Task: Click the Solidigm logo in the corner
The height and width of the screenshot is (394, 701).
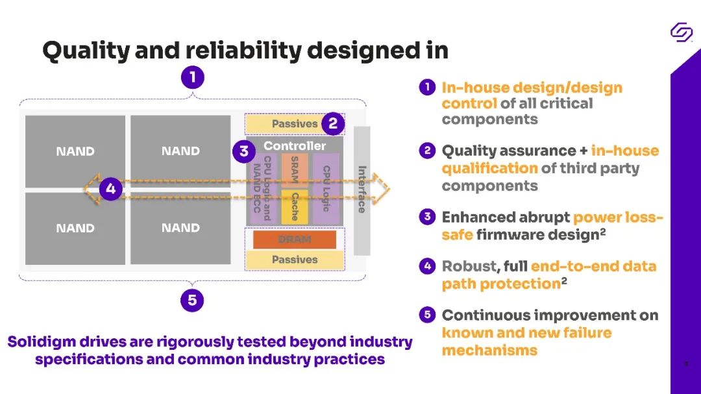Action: click(682, 32)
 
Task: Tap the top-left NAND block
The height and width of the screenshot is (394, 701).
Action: click(75, 151)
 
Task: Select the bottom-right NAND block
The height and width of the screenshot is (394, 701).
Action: click(180, 228)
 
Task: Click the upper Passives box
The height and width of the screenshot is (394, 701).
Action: click(294, 123)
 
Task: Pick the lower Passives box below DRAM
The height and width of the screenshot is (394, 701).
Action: click(294, 260)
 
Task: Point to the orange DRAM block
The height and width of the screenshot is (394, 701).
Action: click(295, 240)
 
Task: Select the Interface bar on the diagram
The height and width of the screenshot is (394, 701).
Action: click(362, 190)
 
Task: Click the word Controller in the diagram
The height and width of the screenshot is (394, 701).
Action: click(295, 146)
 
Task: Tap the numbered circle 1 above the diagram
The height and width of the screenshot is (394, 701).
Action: click(192, 79)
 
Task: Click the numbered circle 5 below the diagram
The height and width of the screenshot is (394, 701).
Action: click(192, 301)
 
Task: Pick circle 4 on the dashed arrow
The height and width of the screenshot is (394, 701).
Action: click(111, 190)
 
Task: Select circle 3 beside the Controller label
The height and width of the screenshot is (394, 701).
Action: click(243, 152)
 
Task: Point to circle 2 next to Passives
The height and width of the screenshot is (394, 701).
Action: click(333, 123)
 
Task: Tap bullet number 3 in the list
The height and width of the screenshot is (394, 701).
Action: click(427, 217)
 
